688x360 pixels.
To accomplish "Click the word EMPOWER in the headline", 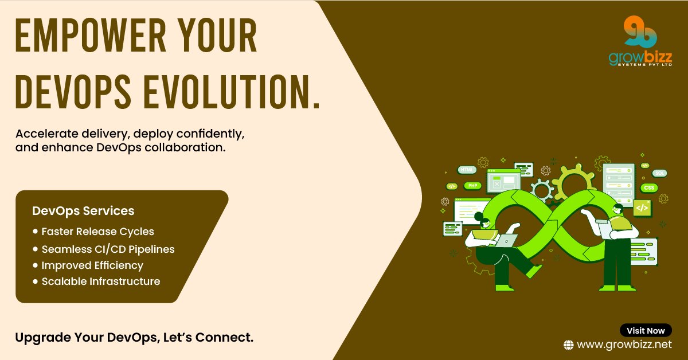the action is pyautogui.click(x=91, y=36).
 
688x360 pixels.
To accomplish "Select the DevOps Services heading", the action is pyautogui.click(x=83, y=211).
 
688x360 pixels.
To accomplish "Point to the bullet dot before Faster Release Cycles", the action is pyautogui.click(x=36, y=231).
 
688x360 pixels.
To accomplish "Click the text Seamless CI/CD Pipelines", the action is pyautogui.click(x=108, y=249).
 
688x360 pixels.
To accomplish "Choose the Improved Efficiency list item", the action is pyautogui.click(x=92, y=265).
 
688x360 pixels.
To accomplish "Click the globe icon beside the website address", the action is pyautogui.click(x=569, y=345).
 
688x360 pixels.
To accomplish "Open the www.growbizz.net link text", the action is pyautogui.click(x=624, y=345).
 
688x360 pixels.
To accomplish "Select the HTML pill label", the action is pyautogui.click(x=467, y=170).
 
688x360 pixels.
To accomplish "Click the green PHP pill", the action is pyautogui.click(x=472, y=186).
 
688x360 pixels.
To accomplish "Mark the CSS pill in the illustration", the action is pyautogui.click(x=649, y=187).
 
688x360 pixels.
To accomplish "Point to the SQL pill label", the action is pyautogui.click(x=659, y=173).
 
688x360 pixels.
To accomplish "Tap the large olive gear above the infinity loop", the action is pyautogui.click(x=574, y=182).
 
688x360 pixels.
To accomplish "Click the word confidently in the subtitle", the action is pyautogui.click(x=210, y=134).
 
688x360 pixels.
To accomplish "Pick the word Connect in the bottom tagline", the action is pyautogui.click(x=223, y=337).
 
